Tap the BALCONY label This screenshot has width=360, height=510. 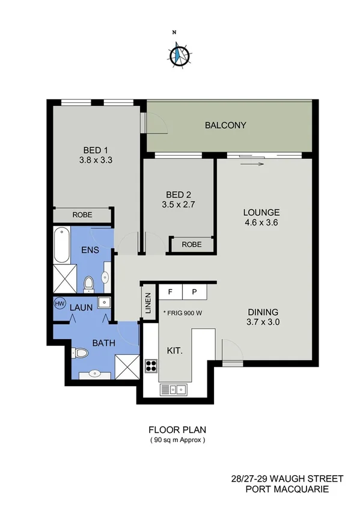click(x=225, y=125)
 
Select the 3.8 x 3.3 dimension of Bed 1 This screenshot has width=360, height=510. click(x=96, y=161)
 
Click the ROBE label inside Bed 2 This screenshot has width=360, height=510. click(x=192, y=245)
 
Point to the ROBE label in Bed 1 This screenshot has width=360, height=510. click(x=82, y=214)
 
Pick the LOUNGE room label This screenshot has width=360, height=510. click(x=261, y=212)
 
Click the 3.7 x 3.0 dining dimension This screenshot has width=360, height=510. click(x=263, y=322)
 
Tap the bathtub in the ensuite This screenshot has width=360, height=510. click(x=61, y=245)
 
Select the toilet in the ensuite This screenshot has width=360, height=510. click(x=89, y=283)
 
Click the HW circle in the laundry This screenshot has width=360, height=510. click(x=60, y=304)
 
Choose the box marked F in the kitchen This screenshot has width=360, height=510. click(x=171, y=292)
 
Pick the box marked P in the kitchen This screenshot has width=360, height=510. click(x=195, y=292)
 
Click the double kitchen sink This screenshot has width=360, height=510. click(x=174, y=390)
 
